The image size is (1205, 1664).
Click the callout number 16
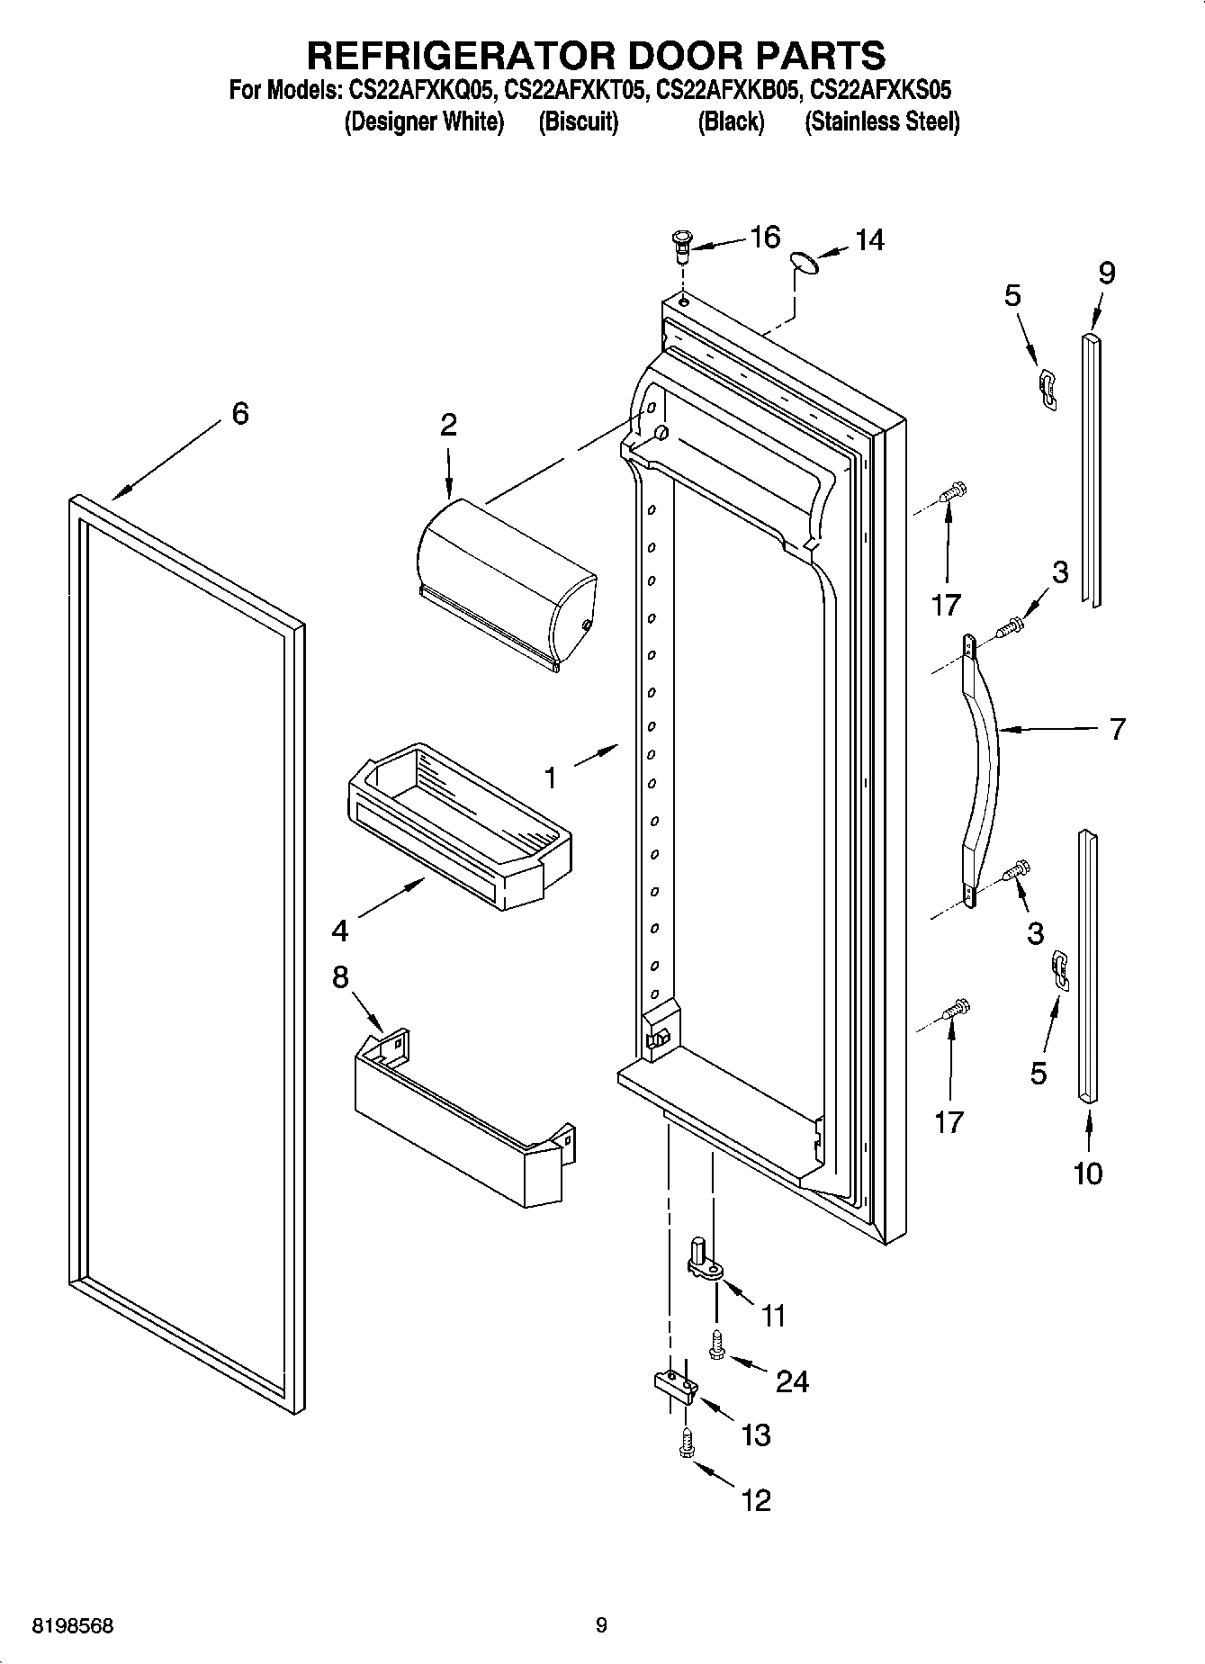point(764,238)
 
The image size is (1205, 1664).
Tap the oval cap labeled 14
point(804,262)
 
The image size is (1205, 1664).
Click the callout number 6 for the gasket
point(239,414)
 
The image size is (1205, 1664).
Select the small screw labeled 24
point(716,1345)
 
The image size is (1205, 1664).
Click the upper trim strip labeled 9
point(1091,468)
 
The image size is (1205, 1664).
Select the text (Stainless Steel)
point(881,121)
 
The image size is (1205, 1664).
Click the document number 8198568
point(73,1626)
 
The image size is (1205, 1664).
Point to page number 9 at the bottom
point(601,1625)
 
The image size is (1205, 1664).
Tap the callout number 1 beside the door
point(551,777)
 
